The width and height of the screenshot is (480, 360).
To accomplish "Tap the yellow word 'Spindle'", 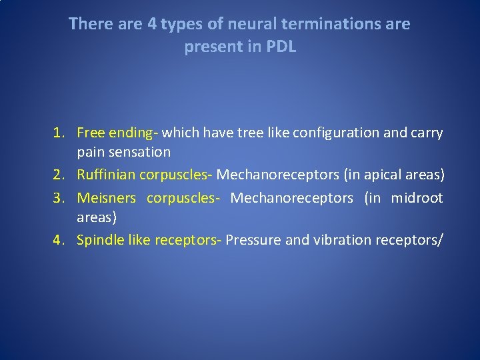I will [x=98, y=241].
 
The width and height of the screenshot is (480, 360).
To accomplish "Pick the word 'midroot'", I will [x=417, y=198].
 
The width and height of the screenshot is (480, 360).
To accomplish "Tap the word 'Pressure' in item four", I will [x=253, y=241].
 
